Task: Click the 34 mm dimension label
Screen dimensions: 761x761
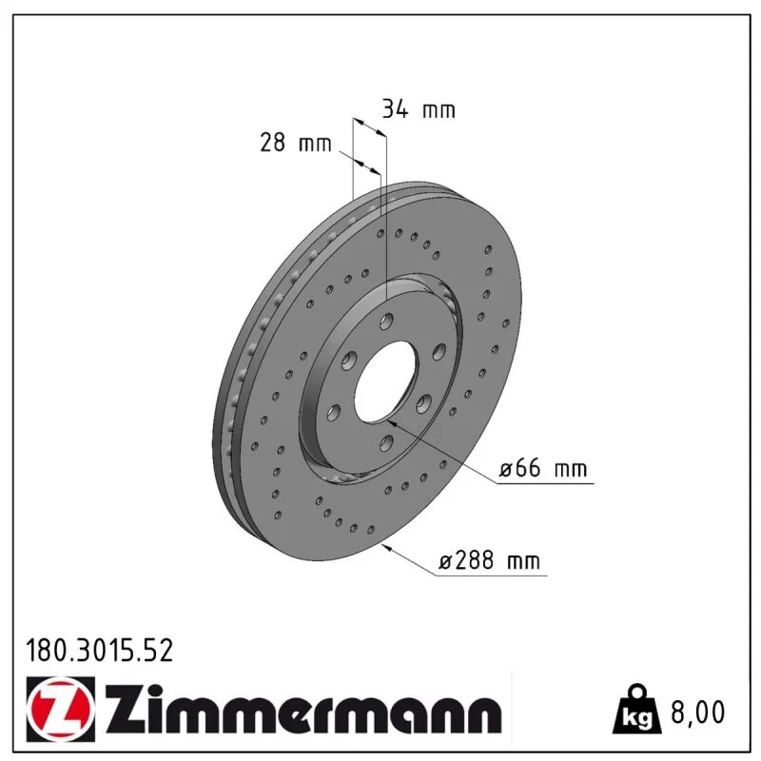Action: point(419,108)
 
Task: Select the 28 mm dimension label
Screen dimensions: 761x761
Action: point(296,143)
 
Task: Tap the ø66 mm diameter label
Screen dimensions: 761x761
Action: point(543,468)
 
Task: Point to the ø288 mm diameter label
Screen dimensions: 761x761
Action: point(489,560)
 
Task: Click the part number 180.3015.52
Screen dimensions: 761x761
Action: point(100,651)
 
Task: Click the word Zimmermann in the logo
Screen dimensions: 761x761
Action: point(303,710)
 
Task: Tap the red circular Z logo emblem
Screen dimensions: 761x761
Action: point(60,709)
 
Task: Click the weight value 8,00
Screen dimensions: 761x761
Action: point(697,712)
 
